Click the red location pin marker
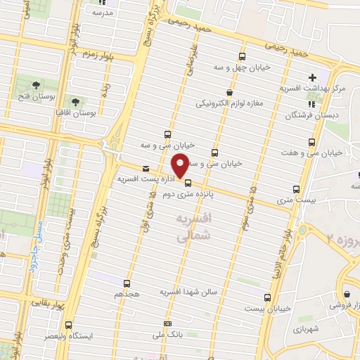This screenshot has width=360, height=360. click(x=180, y=165)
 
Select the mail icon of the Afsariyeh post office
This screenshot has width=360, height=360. click(x=146, y=169)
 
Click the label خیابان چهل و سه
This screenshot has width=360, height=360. click(x=241, y=68)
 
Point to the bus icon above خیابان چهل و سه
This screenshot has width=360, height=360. click(x=242, y=57)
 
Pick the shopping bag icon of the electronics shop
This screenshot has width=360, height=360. click(x=229, y=92)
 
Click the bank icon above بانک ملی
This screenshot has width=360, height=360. click(x=167, y=323)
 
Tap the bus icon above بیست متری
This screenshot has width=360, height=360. click(x=295, y=189)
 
